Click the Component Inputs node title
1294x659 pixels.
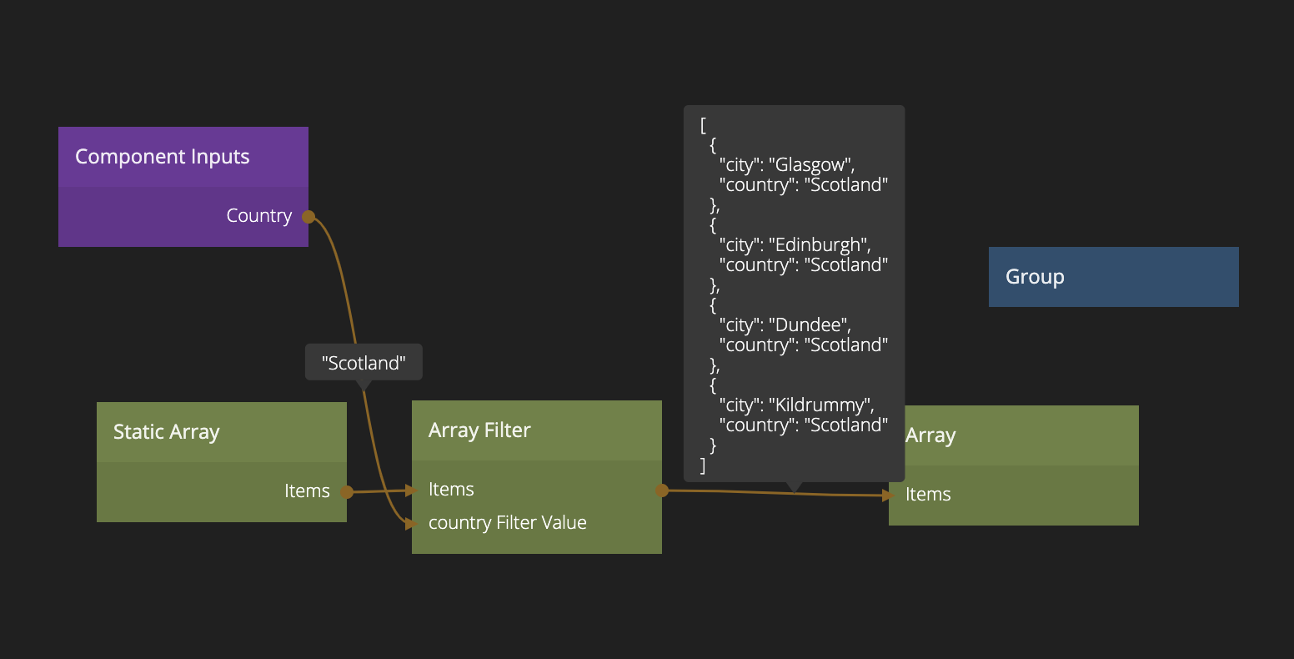(x=163, y=157)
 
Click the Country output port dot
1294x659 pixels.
(x=308, y=217)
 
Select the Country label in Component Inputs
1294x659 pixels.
(x=258, y=216)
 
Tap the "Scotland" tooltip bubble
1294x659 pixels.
(x=364, y=363)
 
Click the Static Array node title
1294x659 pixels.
(x=167, y=432)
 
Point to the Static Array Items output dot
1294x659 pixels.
(x=347, y=492)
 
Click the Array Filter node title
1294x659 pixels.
(x=479, y=430)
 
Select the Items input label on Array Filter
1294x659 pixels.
(x=451, y=490)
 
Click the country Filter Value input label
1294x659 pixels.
(x=507, y=523)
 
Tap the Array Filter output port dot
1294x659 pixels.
(x=662, y=490)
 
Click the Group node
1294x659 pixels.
(x=1113, y=277)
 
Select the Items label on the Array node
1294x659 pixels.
(x=928, y=495)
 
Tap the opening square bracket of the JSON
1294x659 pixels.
(x=704, y=125)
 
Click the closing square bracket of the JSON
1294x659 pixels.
(x=704, y=465)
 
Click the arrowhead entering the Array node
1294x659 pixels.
(x=888, y=495)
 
